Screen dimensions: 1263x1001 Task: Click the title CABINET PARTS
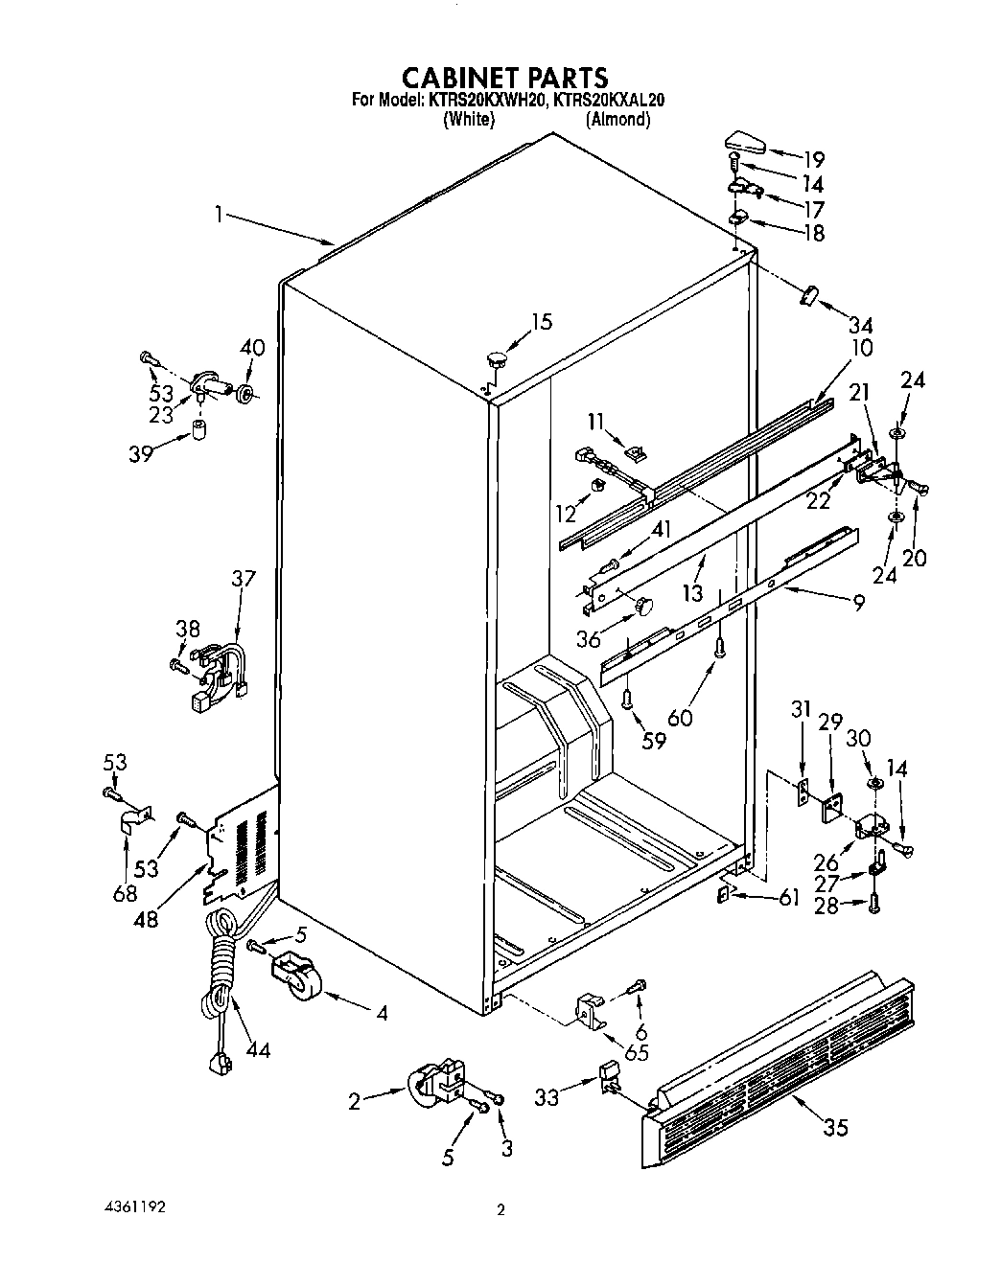503,76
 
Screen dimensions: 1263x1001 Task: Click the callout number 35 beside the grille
835,1128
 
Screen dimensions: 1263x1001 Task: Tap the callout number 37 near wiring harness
244,579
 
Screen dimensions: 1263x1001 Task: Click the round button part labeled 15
497,361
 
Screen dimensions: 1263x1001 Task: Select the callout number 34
860,324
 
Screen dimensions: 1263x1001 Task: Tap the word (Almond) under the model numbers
618,120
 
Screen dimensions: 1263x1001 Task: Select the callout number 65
636,1052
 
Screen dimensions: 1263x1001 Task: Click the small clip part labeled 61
726,894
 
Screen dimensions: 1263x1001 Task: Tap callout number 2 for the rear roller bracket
355,1102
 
